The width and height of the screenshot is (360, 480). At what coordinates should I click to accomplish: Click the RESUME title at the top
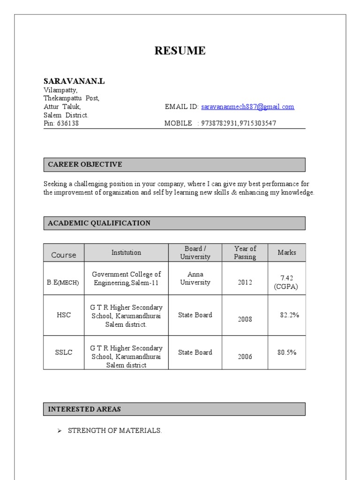180,51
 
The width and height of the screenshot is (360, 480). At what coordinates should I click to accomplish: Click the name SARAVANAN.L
74,81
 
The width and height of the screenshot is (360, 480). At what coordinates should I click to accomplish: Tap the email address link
247,107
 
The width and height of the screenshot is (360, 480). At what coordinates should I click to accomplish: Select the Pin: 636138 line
61,123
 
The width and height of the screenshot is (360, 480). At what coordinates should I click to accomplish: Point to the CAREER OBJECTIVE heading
85,165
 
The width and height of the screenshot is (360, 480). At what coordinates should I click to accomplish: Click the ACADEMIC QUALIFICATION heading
99,223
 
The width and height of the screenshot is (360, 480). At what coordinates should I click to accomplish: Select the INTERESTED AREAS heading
84,409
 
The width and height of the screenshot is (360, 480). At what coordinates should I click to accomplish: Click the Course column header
64,255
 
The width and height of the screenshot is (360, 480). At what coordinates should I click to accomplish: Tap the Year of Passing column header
245,253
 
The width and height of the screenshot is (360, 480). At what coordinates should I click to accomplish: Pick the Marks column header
287,253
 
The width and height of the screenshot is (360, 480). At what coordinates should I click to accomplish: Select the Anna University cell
195,278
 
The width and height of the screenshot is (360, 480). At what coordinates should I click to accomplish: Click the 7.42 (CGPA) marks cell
286,283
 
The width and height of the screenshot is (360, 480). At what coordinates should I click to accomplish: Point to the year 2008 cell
245,319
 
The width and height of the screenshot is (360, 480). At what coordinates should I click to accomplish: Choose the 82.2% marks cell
289,315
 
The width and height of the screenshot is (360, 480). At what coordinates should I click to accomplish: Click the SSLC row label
64,352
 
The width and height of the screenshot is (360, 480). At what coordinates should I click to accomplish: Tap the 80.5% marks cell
287,352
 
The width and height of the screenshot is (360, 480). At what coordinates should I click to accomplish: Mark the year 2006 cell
245,357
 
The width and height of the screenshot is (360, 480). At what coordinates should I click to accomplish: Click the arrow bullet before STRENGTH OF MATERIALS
60,431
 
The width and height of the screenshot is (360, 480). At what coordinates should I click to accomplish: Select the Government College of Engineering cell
126,278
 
